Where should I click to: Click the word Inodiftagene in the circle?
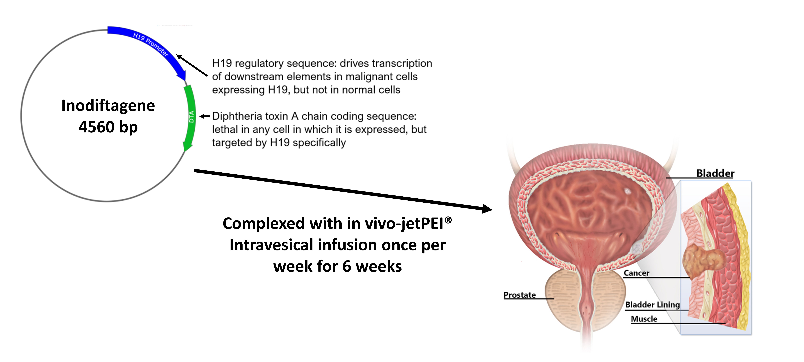(108, 106)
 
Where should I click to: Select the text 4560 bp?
(108, 127)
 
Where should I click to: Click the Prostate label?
(519, 295)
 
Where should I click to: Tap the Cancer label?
(636, 273)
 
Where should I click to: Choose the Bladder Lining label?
(652, 304)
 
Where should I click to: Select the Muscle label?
(644, 319)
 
